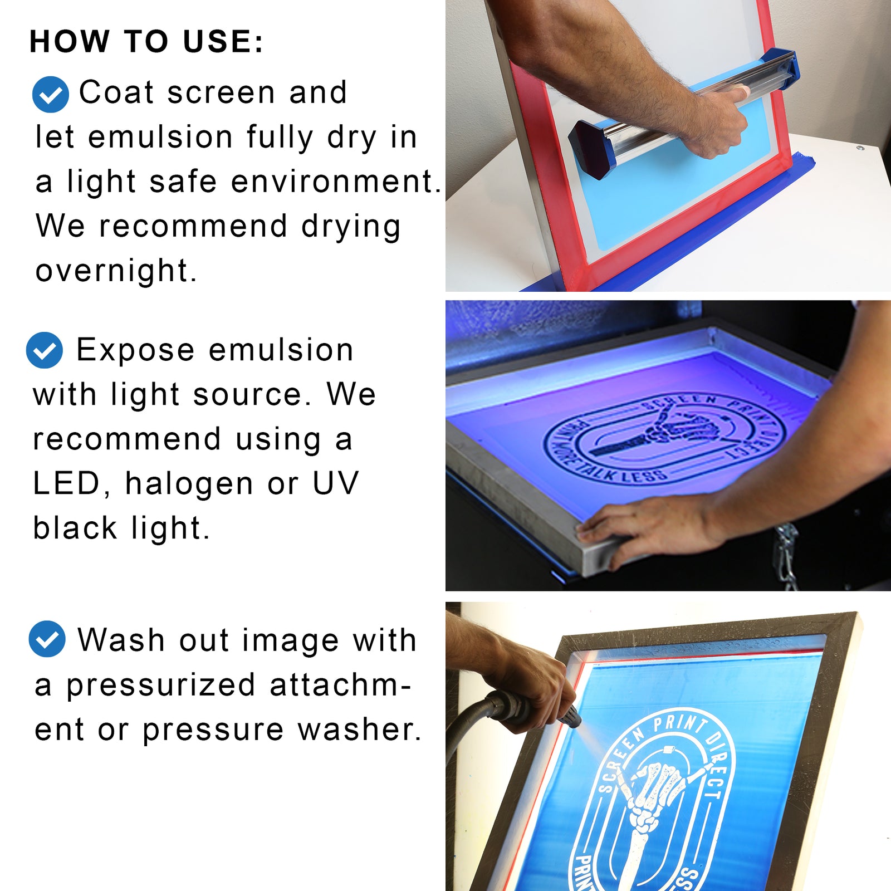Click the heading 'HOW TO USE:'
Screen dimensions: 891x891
146,42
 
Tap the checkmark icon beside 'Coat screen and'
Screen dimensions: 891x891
51,95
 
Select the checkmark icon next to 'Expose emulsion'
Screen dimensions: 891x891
45,350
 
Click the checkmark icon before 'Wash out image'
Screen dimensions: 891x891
47,639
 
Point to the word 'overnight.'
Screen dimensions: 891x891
116,271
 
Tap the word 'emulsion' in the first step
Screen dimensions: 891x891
160,138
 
